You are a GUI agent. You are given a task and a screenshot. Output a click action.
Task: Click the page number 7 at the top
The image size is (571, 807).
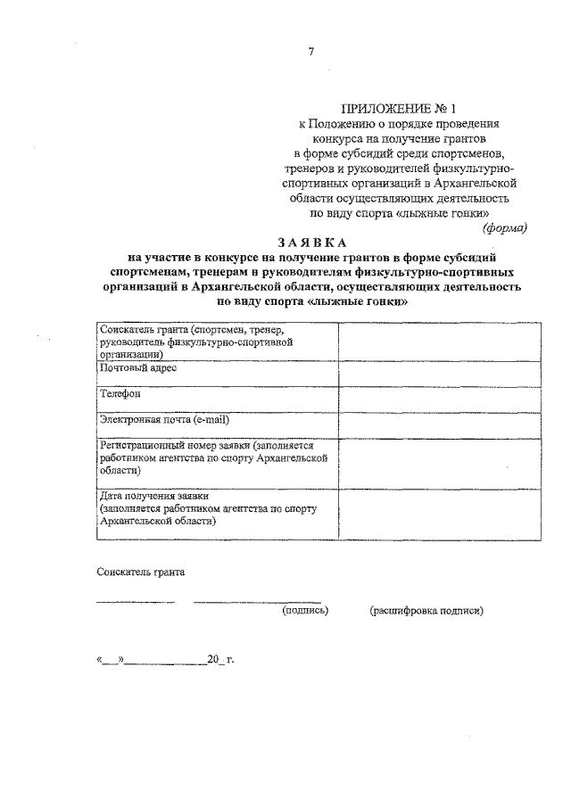[311, 52]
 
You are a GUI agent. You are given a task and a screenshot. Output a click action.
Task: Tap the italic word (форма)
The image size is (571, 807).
[505, 227]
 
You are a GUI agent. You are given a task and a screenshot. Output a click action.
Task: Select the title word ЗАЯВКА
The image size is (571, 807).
[310, 243]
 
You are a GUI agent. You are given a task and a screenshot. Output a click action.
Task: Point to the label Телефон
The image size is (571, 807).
[120, 393]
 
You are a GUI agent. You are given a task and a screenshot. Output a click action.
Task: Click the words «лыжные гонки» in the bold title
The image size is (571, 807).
[368, 302]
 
